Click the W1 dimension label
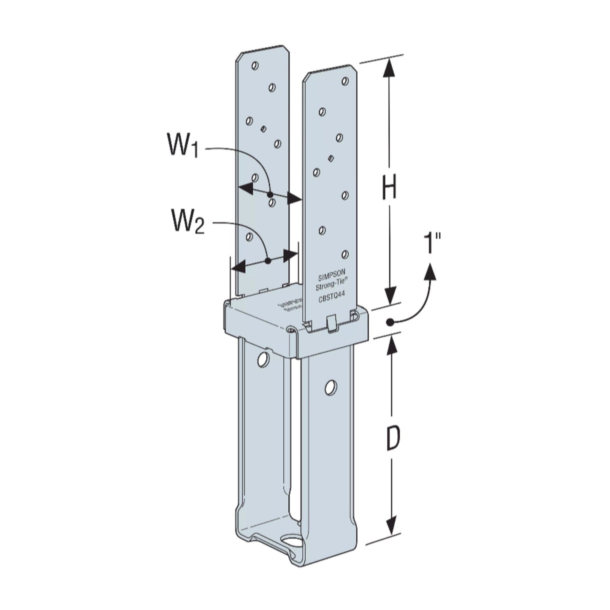point(183,146)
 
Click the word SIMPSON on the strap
point(331,279)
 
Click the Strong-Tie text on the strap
point(331,287)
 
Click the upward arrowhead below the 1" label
point(431,271)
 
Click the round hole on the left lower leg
point(263,359)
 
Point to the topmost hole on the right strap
point(345,81)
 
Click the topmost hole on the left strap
point(254,65)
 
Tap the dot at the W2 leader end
point(267,261)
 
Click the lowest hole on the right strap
point(345,254)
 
